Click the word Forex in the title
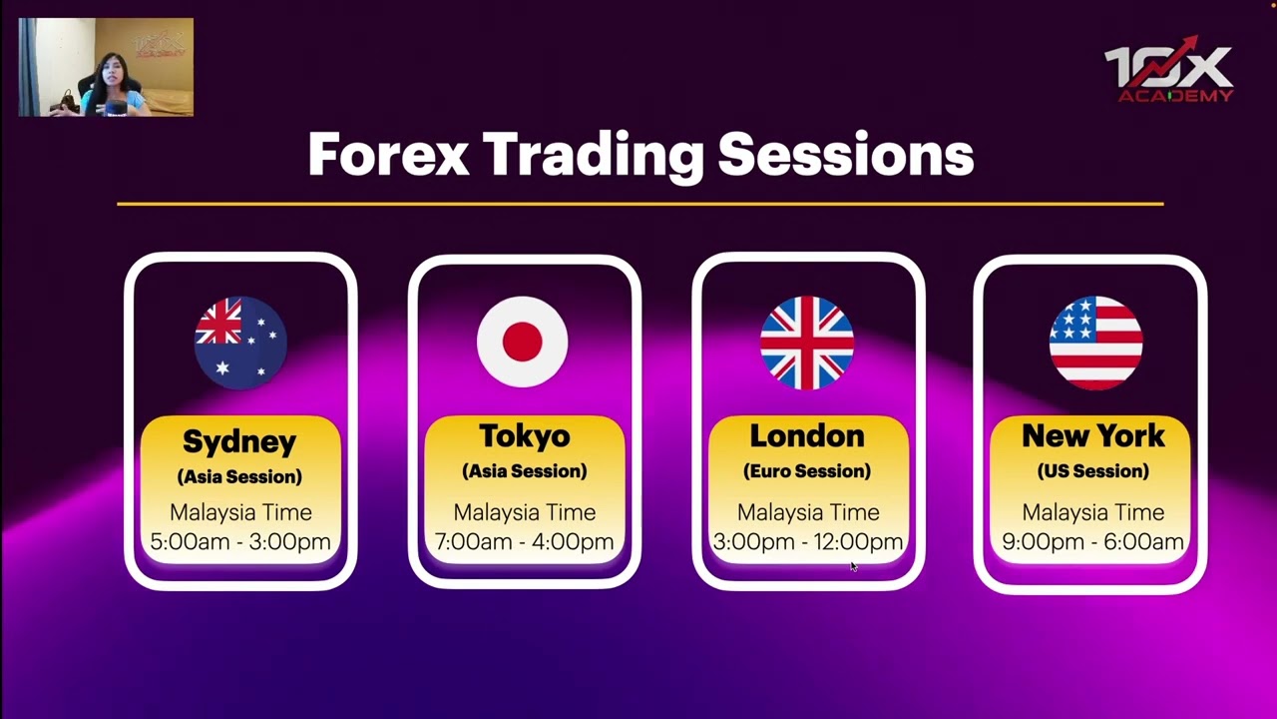coord(388,155)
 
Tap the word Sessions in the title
coord(845,155)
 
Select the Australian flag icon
coord(240,343)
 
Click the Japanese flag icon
coord(523,342)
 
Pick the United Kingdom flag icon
coord(806,343)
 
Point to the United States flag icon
coord(1094,343)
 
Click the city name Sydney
coord(239,441)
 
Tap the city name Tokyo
coord(524,436)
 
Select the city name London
coord(807,436)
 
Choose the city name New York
coord(1093,436)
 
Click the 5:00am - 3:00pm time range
coord(240,542)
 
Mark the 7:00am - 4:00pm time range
coord(524,542)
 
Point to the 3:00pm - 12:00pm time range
coord(807,542)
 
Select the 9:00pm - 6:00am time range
coord(1093,542)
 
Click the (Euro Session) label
coord(807,471)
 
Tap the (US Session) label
coord(1093,471)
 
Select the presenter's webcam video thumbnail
coord(106,68)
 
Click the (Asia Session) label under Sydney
coord(239,477)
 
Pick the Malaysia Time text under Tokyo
coord(524,512)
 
